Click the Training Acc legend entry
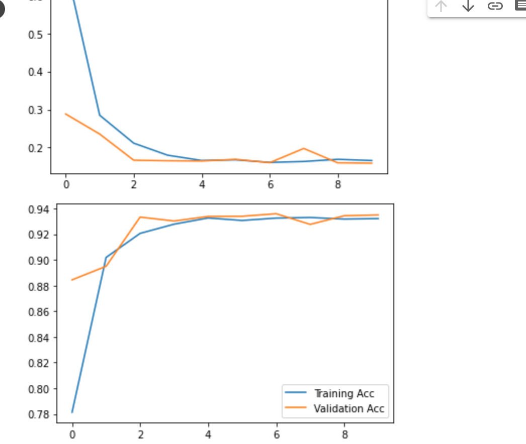(344, 393)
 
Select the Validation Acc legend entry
(348, 409)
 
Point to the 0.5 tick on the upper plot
(35, 34)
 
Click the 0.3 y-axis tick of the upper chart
(35, 110)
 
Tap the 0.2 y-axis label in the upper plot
(35, 148)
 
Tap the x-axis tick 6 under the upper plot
(270, 184)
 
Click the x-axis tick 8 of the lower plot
(344, 434)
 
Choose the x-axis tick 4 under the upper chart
(202, 184)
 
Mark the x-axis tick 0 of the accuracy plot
(72, 434)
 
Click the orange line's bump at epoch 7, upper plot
(304, 149)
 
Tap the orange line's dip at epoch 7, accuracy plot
(310, 224)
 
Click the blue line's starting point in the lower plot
(72, 412)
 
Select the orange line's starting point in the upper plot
(66, 114)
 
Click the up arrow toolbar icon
(441, 6)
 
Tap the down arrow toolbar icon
(468, 6)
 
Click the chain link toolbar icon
(495, 6)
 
